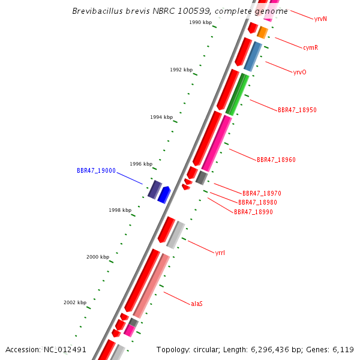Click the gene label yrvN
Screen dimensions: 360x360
(x=320, y=19)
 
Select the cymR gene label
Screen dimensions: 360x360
(x=310, y=47)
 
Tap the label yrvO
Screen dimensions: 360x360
(x=299, y=72)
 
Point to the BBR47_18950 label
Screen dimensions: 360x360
(x=297, y=110)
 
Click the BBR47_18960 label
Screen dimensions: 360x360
(x=276, y=160)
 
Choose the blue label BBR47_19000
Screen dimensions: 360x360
(x=96, y=171)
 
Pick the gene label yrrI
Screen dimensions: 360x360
(x=220, y=253)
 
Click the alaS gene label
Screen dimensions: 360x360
(x=197, y=304)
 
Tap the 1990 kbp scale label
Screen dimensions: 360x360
(x=200, y=22)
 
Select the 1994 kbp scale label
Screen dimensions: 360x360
(x=161, y=117)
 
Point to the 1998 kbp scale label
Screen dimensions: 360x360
(x=120, y=211)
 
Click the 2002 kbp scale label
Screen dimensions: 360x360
(x=75, y=303)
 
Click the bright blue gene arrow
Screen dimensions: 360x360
(x=164, y=194)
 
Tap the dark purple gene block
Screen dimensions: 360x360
(x=155, y=189)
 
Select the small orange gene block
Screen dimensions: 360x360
(x=262, y=32)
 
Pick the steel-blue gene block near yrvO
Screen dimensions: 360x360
(x=253, y=56)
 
